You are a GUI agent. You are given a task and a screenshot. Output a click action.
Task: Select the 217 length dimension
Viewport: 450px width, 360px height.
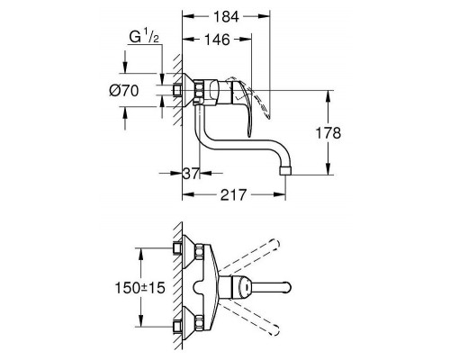click(231, 194)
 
